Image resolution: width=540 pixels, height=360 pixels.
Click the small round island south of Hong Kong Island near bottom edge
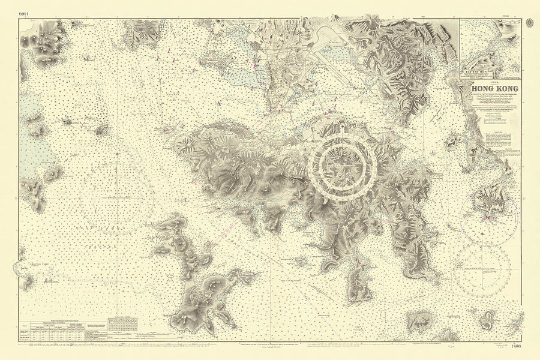302,262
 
